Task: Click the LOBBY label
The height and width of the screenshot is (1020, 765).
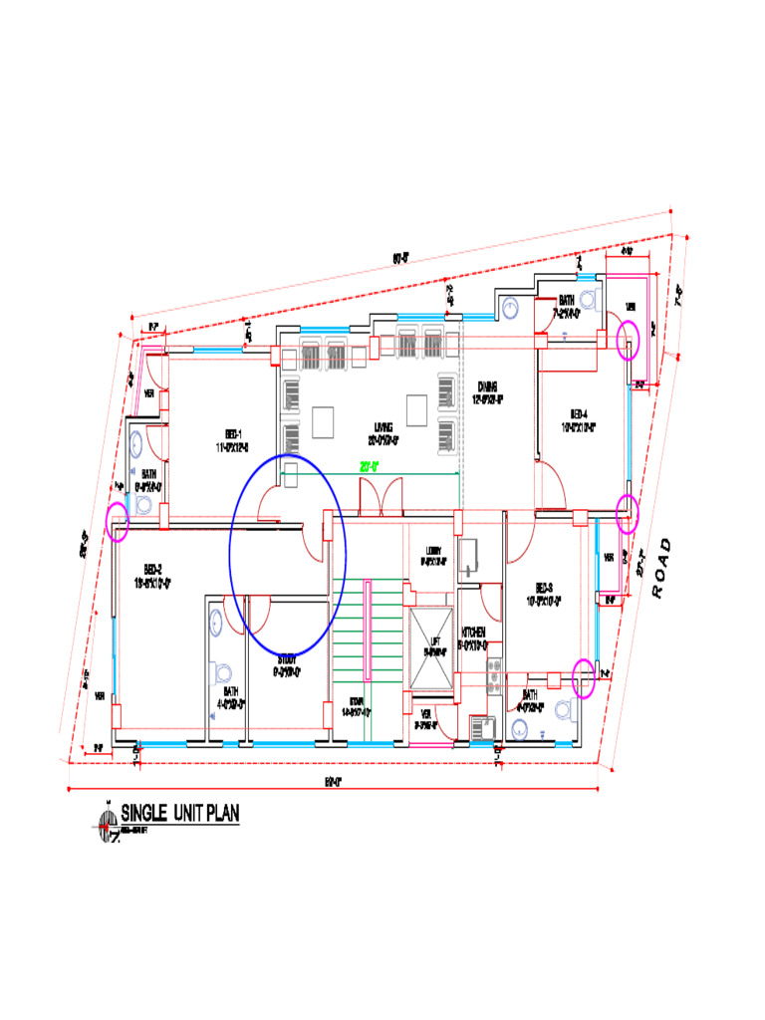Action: pyautogui.click(x=433, y=556)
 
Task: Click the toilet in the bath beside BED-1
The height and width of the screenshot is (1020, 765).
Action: pyautogui.click(x=143, y=504)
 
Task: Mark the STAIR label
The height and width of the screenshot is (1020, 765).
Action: pyautogui.click(x=356, y=705)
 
